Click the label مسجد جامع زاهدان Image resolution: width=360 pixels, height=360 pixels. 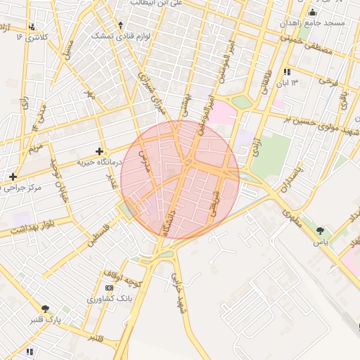(x=314, y=23)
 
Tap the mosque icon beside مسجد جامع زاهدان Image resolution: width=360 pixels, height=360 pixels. (x=313, y=13)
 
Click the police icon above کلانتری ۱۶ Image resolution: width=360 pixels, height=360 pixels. (x=30, y=26)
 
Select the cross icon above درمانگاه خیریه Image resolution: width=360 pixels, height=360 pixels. (x=99, y=150)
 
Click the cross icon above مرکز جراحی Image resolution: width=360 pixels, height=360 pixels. (x=12, y=176)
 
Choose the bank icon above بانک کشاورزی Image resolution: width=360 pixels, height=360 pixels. (x=108, y=288)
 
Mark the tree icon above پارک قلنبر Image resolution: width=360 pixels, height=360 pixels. (x=46, y=309)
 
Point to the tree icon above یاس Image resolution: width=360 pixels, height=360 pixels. (x=321, y=230)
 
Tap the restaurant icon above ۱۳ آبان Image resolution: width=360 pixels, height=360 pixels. (x=287, y=72)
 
